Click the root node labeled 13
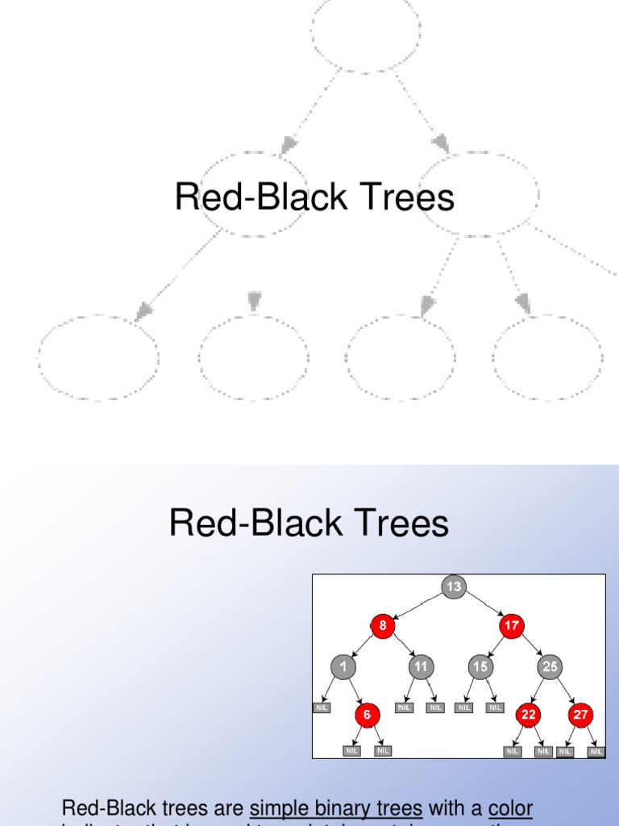click(454, 586)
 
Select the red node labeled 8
click(383, 625)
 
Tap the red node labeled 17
click(511, 625)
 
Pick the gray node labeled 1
click(343, 667)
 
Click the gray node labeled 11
click(420, 667)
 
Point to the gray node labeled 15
click(480, 667)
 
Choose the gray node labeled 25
click(550, 667)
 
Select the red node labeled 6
click(367, 715)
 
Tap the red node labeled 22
click(529, 715)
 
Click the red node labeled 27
click(580, 715)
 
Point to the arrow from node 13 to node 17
click(483, 606)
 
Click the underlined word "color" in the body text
click(510, 807)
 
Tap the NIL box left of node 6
click(322, 708)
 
